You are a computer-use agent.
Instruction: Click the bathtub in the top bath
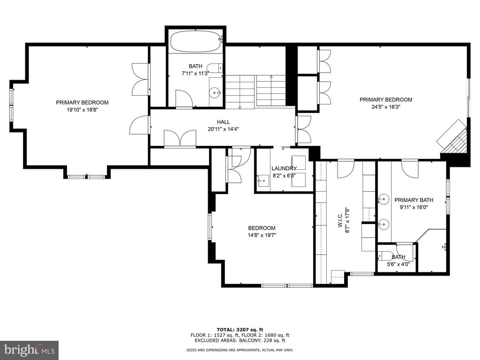click(x=196, y=42)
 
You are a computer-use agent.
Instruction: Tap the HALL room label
click(x=224, y=122)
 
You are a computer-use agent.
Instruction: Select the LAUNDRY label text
click(x=284, y=168)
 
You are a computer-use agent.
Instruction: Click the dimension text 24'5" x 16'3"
click(x=386, y=107)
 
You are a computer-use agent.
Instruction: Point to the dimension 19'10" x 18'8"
click(x=82, y=110)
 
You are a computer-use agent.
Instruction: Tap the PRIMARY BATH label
click(x=413, y=200)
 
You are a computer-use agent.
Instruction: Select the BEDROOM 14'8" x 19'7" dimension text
click(x=262, y=235)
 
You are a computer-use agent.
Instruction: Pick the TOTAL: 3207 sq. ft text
click(x=240, y=330)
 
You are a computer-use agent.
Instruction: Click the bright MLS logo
click(x=30, y=350)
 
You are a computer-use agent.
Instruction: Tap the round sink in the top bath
click(x=215, y=92)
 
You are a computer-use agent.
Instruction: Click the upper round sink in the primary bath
click(x=382, y=200)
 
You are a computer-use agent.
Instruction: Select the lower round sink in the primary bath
click(x=382, y=225)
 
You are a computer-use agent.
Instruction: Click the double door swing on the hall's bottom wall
click(x=180, y=139)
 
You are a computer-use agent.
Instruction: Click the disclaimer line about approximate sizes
click(x=240, y=350)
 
